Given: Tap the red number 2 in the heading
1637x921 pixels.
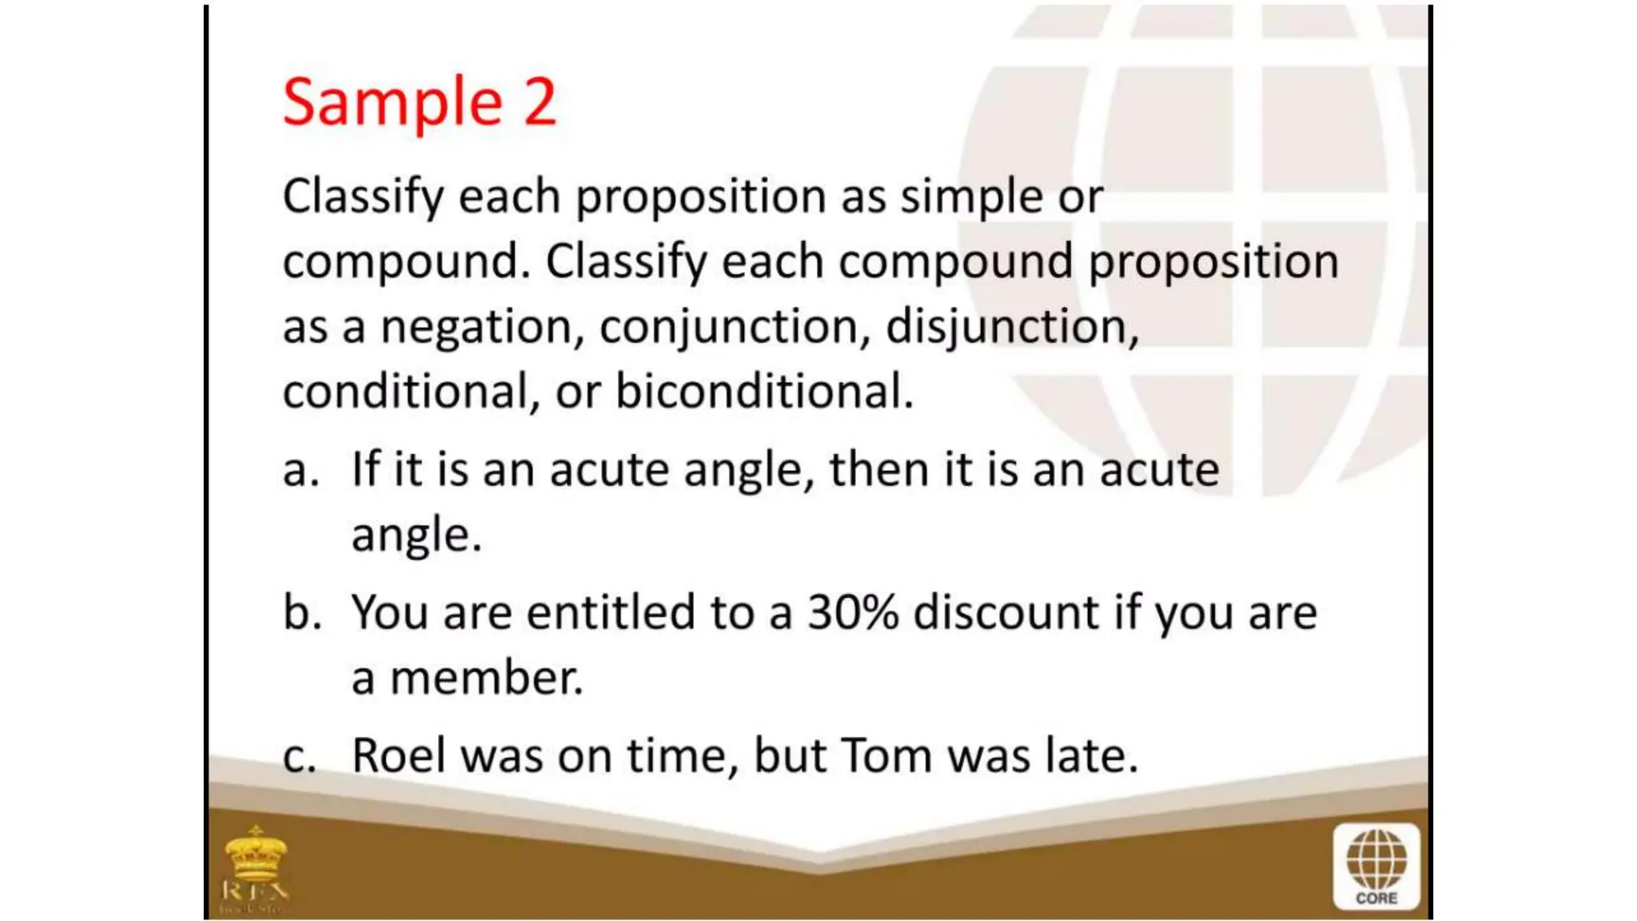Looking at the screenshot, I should pyautogui.click(x=540, y=102).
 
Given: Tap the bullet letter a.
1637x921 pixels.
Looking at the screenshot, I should pyautogui.click(x=299, y=470).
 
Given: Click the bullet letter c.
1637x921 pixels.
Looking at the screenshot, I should pyautogui.click(x=299, y=756).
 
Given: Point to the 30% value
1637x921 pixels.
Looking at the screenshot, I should pyautogui.click(x=853, y=613).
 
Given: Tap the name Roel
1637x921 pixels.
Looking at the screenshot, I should pyautogui.click(x=399, y=756).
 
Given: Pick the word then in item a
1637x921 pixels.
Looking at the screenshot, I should pyautogui.click(x=878, y=469).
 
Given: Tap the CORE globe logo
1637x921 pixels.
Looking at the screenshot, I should pyautogui.click(x=1376, y=867).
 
